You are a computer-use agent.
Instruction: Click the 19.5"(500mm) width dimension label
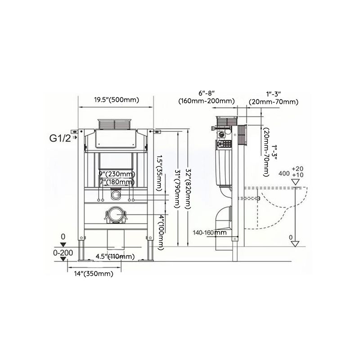click(x=116, y=100)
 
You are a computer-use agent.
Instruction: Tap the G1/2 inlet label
click(x=60, y=138)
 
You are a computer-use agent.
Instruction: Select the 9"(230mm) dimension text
click(x=116, y=174)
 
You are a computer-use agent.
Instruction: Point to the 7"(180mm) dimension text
click(x=116, y=182)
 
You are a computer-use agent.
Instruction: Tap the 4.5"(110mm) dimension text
click(x=115, y=257)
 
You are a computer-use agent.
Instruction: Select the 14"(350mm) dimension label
click(x=94, y=274)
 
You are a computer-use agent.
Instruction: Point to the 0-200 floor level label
click(x=63, y=253)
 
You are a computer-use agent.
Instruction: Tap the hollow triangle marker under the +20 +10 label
click(x=296, y=182)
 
